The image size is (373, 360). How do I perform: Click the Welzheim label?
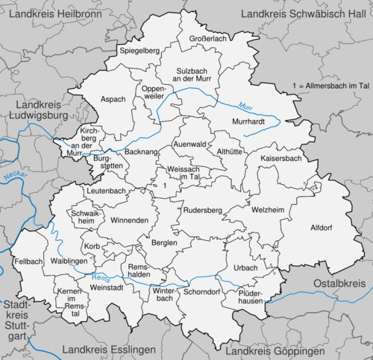coord(269,211)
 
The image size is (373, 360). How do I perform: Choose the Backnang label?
coord(141,151)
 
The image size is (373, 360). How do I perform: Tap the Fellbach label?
coord(28,262)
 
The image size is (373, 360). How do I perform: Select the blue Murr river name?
coord(245,106)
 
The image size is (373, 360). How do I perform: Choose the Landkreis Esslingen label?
coord(109,350)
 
